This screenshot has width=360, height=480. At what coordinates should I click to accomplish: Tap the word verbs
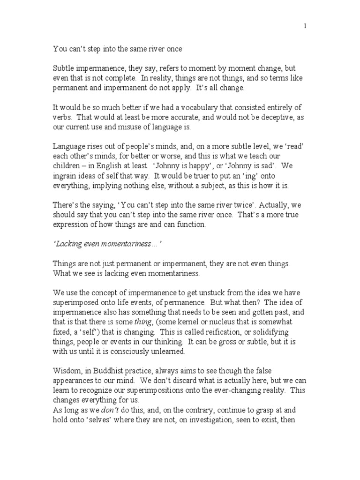point(61,119)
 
